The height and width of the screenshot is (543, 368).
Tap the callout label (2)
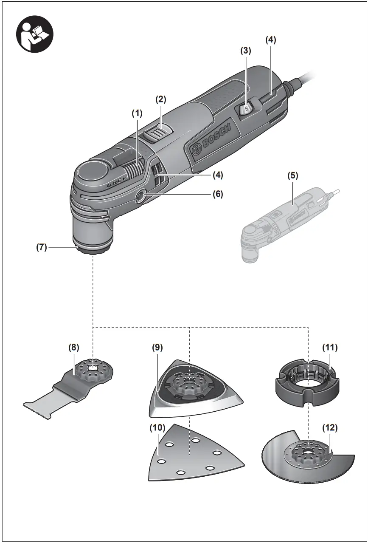[x=160, y=99]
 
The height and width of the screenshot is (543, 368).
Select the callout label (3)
[x=245, y=50]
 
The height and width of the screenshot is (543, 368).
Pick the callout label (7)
[x=41, y=247]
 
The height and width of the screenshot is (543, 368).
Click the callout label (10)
[x=157, y=428]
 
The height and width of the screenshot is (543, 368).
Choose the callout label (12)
[x=330, y=428]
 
